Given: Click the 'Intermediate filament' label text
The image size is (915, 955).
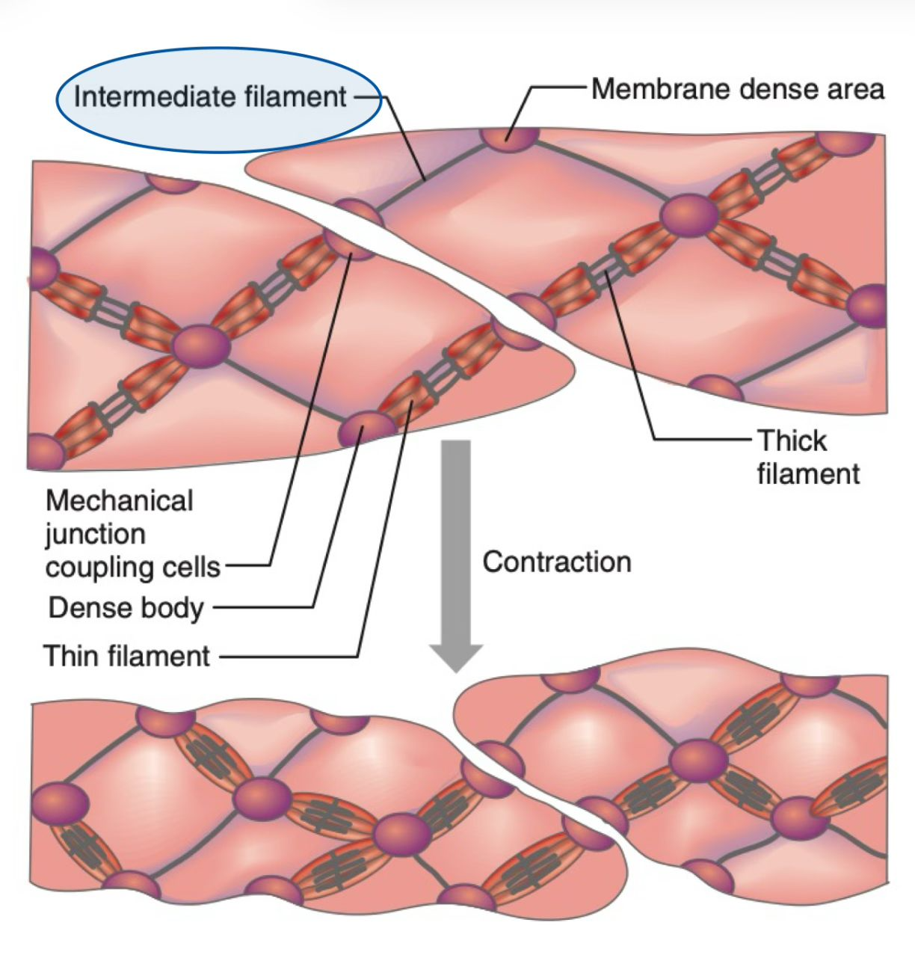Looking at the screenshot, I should pos(210,97).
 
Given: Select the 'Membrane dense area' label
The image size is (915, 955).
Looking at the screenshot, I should pos(737,89).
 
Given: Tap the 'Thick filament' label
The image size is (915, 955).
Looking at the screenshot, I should pos(807,457).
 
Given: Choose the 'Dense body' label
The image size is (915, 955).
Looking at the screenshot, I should pos(126,607).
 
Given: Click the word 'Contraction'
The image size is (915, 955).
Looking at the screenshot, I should pos(557,562).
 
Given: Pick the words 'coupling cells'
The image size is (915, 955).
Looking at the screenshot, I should pos(132,567).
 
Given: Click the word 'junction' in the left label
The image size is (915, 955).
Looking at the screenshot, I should pos(95,534).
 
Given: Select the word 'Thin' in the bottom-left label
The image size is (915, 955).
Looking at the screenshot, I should pos(71,656).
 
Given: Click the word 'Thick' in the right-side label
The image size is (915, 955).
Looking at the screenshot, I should pos(792,440).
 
